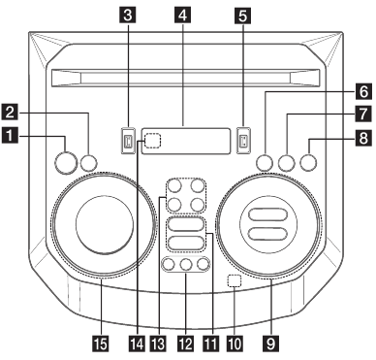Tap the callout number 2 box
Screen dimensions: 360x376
[x=12, y=112]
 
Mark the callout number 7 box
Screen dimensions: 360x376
[x=361, y=113]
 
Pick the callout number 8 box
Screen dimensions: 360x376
[x=361, y=139]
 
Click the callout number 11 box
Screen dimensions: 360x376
[x=205, y=342]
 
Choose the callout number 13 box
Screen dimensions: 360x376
[x=156, y=342]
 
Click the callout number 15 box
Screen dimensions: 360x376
[x=100, y=342]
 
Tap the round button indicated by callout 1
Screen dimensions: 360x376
[x=66, y=161]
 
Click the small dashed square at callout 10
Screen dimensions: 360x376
[x=232, y=282]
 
